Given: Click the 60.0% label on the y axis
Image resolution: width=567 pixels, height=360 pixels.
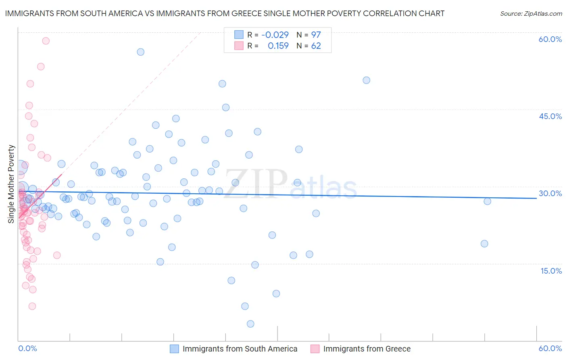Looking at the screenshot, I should [x=550, y=39].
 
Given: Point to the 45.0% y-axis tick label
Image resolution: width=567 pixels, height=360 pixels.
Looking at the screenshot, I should [x=550, y=116].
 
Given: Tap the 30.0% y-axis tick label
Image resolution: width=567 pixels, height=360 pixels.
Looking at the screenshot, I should [x=550, y=193].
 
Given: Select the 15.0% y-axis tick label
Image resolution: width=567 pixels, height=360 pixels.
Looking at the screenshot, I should [x=551, y=271].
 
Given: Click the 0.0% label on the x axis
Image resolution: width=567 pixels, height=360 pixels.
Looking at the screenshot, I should [x=27, y=348].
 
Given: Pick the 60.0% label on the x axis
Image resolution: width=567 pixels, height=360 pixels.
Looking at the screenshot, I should [x=550, y=348].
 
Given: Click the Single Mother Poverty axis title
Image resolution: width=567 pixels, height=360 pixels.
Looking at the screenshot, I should [x=11, y=184].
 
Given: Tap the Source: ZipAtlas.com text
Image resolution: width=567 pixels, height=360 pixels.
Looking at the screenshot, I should [x=531, y=13].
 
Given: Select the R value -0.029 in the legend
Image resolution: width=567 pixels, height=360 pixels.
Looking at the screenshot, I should [x=275, y=35].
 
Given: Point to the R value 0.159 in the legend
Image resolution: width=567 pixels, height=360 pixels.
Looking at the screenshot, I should [x=278, y=46].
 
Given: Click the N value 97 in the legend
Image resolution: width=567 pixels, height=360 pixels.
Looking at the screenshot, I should [x=316, y=35].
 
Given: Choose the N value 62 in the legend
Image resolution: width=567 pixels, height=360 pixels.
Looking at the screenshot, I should [x=316, y=46].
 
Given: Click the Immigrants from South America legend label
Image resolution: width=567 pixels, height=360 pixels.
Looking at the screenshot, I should [x=240, y=349].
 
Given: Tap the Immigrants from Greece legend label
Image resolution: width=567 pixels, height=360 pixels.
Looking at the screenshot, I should [x=367, y=349].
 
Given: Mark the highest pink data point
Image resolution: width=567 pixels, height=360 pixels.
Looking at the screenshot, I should [x=46, y=41].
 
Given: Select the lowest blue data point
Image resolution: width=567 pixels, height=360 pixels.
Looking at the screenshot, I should [x=250, y=324].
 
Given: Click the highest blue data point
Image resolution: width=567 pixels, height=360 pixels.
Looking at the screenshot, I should [x=141, y=52].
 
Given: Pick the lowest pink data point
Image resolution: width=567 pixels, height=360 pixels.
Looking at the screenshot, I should [x=32, y=306].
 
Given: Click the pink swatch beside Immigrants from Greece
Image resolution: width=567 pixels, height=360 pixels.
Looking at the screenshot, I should [x=315, y=349].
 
